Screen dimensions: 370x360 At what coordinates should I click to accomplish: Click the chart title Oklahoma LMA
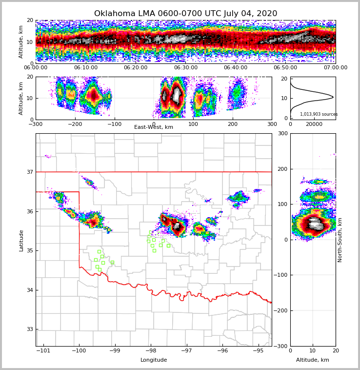[x=185, y=14]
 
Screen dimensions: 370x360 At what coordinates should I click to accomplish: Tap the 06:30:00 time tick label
[x=185, y=68]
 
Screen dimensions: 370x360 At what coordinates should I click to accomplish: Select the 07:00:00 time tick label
[x=335, y=68]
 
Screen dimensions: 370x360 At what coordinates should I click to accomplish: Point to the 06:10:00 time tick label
[x=85, y=68]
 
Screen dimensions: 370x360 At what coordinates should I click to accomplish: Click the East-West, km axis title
[x=154, y=127]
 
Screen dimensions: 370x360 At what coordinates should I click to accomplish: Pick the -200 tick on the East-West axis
[x=75, y=124]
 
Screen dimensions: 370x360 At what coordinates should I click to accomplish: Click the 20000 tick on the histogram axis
[x=314, y=124]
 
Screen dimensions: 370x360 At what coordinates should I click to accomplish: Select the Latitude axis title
[x=21, y=240]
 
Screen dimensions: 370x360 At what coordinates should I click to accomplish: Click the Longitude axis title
[x=154, y=360]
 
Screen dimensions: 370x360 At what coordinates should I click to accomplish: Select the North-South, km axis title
[x=340, y=240]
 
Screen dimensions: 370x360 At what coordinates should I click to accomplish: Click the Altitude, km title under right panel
[x=313, y=360]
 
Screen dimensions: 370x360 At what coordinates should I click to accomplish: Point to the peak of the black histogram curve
[x=333, y=97]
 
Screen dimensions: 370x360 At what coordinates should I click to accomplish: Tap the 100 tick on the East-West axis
[x=193, y=124]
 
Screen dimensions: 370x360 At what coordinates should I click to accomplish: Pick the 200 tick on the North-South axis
[x=345, y=169]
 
